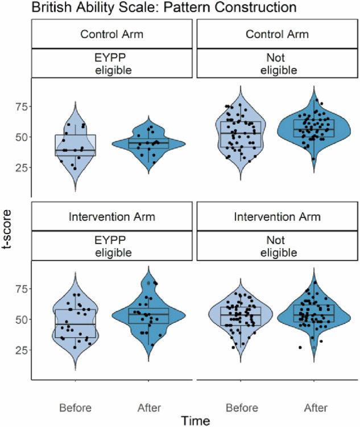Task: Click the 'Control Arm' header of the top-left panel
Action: point(112,34)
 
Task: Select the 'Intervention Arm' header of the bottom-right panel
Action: point(277,217)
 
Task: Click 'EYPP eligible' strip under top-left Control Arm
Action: point(112,63)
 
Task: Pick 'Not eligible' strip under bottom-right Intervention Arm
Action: point(277,246)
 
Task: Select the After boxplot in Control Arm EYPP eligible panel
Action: point(148,143)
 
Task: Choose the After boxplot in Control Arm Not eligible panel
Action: point(313,128)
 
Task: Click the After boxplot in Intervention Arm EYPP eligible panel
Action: point(148,316)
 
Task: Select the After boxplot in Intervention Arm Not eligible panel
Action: point(313,315)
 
